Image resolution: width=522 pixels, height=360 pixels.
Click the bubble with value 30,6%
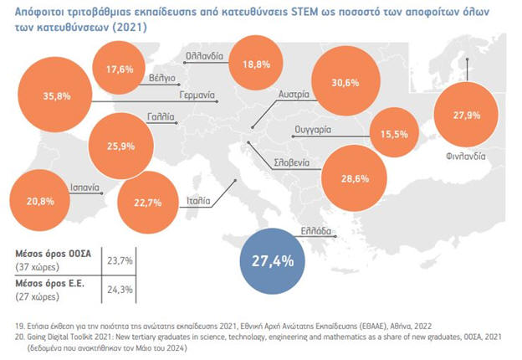click(345, 83)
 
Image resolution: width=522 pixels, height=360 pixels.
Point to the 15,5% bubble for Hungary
click(393, 133)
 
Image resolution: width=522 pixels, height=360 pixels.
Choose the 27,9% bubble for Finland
click(465, 116)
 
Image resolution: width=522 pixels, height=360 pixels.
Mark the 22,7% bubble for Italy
click(153, 200)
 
